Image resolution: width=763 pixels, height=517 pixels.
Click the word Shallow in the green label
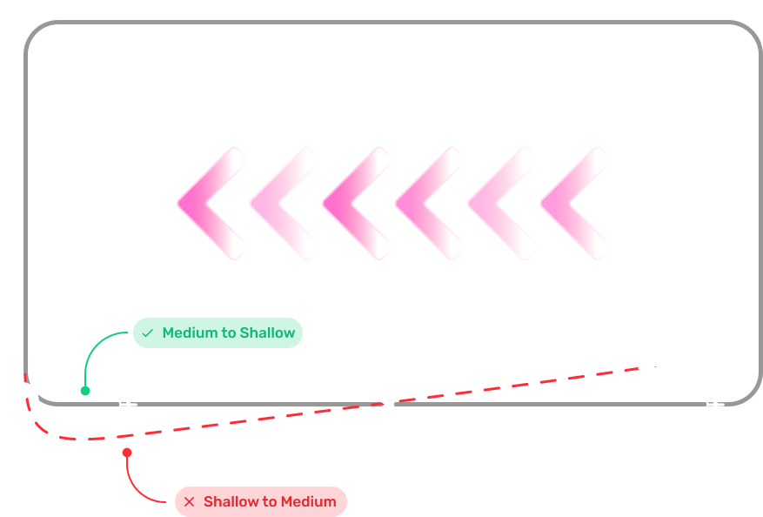(267, 333)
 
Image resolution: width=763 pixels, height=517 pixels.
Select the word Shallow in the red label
(231, 501)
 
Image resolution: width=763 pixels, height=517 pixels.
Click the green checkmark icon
(147, 333)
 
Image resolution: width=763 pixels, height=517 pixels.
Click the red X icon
(190, 501)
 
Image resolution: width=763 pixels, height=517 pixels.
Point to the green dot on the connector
(85, 391)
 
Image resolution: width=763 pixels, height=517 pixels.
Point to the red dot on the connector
(127, 453)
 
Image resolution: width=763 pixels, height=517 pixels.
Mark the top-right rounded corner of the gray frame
(748, 33)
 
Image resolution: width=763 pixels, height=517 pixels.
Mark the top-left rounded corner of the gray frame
(37, 33)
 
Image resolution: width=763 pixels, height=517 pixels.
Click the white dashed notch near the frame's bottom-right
(715, 404)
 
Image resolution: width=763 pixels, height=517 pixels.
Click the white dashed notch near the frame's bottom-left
(128, 404)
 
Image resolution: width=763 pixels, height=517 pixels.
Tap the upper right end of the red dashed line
(655, 366)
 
